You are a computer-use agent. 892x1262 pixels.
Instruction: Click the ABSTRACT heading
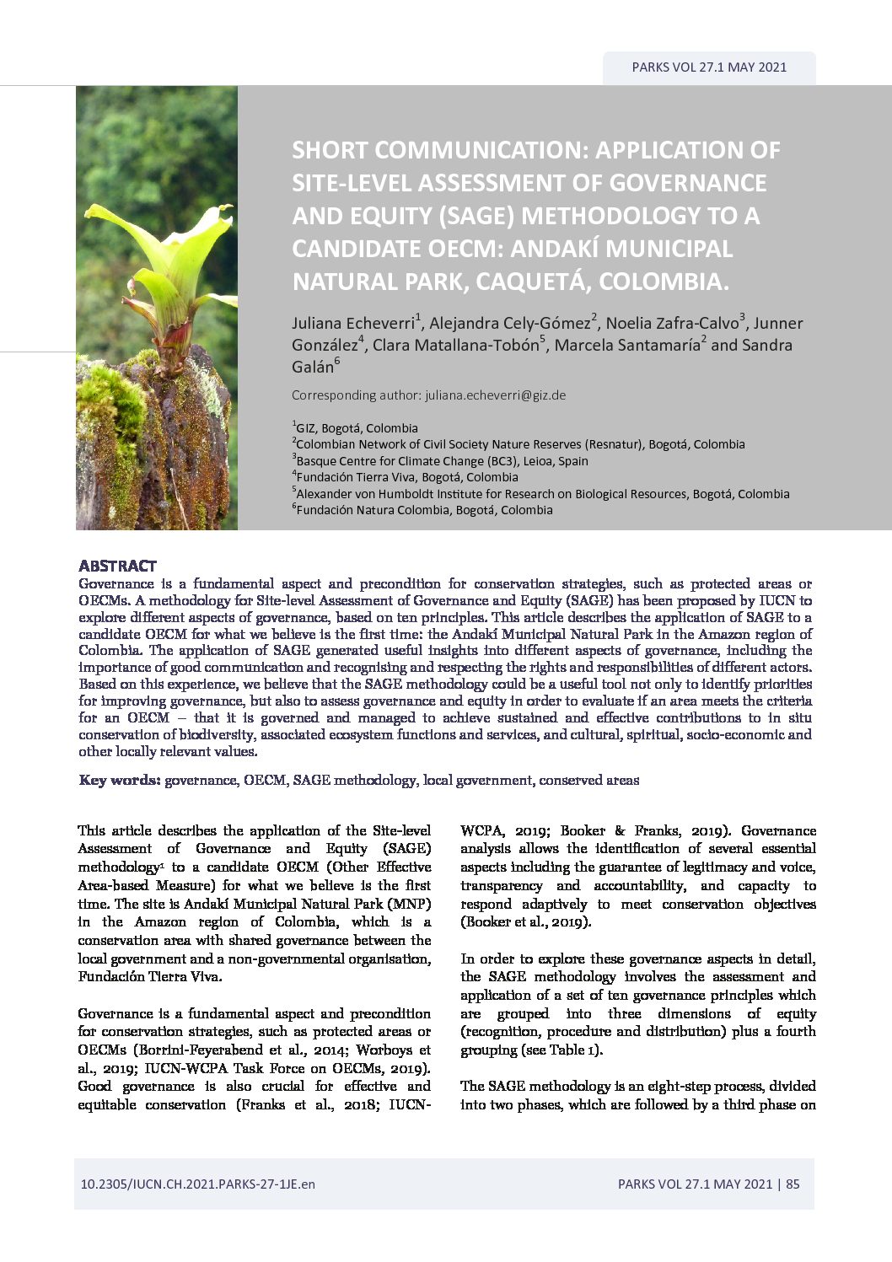point(117,566)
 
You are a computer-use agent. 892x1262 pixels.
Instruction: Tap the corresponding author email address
point(495,395)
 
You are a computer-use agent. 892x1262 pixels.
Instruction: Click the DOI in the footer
point(197,1184)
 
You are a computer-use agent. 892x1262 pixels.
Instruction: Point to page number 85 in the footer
point(793,1184)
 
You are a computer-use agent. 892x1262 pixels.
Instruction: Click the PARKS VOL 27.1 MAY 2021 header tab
point(708,67)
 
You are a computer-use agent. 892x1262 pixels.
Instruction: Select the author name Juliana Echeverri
point(352,323)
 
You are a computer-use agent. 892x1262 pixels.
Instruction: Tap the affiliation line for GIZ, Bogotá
point(356,427)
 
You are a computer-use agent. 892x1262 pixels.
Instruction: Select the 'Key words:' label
point(120,780)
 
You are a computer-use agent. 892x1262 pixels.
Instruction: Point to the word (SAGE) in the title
point(476,216)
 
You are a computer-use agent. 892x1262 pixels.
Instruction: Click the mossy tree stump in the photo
point(160,438)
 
